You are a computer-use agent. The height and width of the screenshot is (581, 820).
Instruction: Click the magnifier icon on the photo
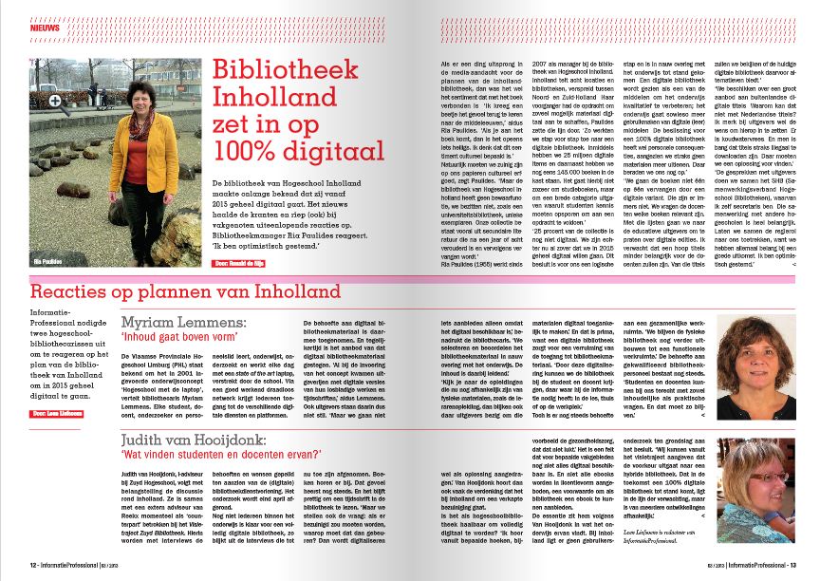(55, 100)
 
